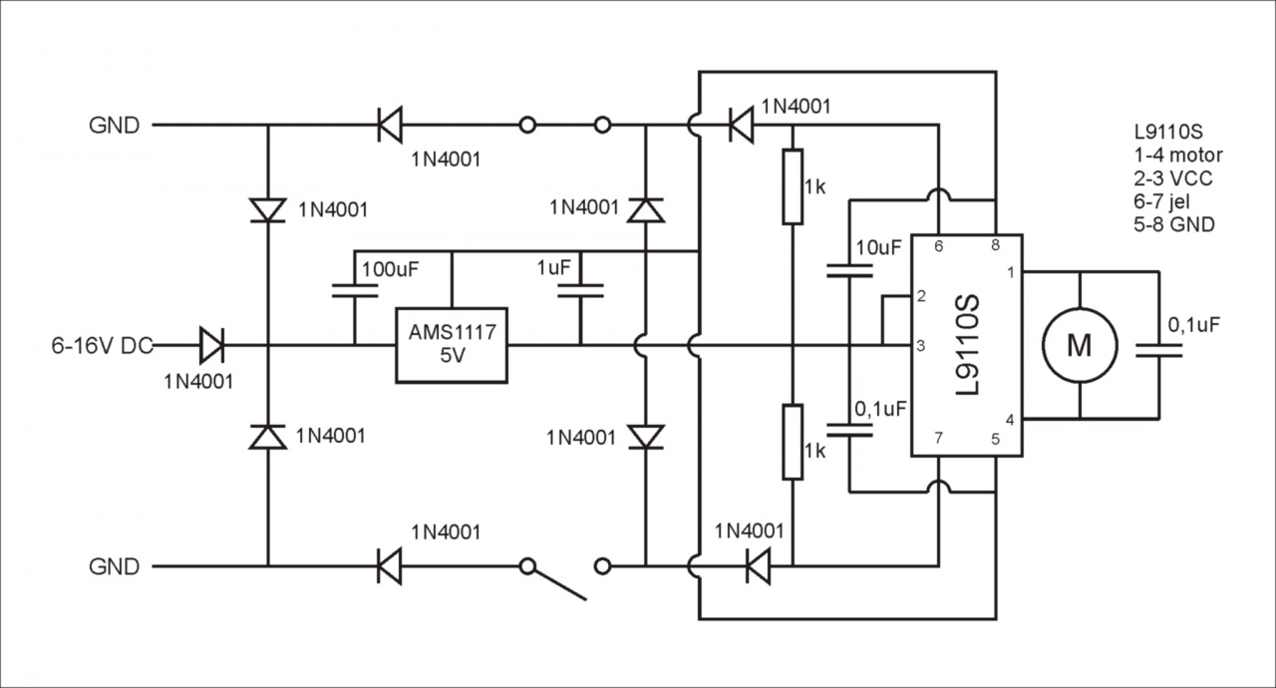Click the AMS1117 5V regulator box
tap(451, 344)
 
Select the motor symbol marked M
tap(1080, 345)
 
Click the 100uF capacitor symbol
tap(355, 291)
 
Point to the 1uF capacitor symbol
tap(580, 291)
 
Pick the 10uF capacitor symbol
tap(849, 270)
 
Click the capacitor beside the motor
tap(1159, 349)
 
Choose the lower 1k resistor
tap(793, 442)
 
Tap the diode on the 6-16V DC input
tap(211, 345)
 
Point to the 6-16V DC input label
tap(103, 346)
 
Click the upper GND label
tap(115, 126)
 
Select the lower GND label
tap(115, 567)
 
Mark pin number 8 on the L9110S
tap(995, 245)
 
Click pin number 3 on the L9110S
tap(922, 345)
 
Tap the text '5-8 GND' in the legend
tap(1174, 225)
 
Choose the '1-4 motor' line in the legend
tap(1177, 156)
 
